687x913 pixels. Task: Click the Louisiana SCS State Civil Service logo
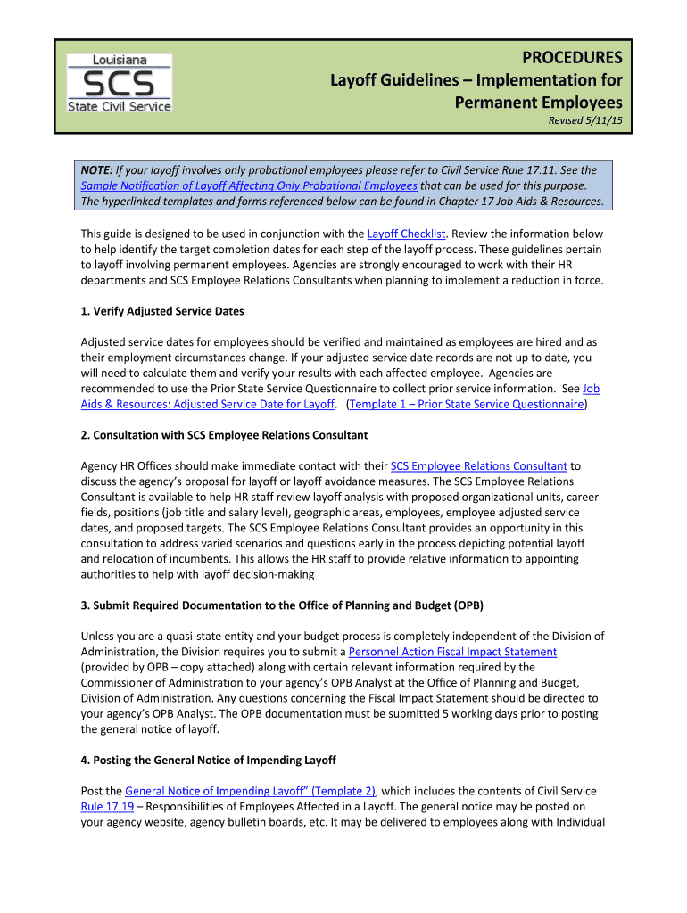coord(120,83)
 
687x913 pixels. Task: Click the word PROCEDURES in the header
coord(572,59)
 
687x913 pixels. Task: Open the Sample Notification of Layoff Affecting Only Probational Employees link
coord(249,185)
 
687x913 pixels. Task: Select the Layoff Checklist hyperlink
coord(406,234)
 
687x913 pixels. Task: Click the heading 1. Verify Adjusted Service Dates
coord(162,311)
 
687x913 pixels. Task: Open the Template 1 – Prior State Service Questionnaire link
coord(468,404)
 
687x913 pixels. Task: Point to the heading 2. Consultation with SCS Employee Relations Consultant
coord(224,435)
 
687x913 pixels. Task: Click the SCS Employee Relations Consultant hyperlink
coord(479,465)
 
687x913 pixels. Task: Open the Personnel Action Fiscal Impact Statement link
coord(452,652)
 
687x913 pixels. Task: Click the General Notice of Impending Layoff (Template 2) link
coord(251,791)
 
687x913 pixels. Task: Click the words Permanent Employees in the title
coord(539,103)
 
